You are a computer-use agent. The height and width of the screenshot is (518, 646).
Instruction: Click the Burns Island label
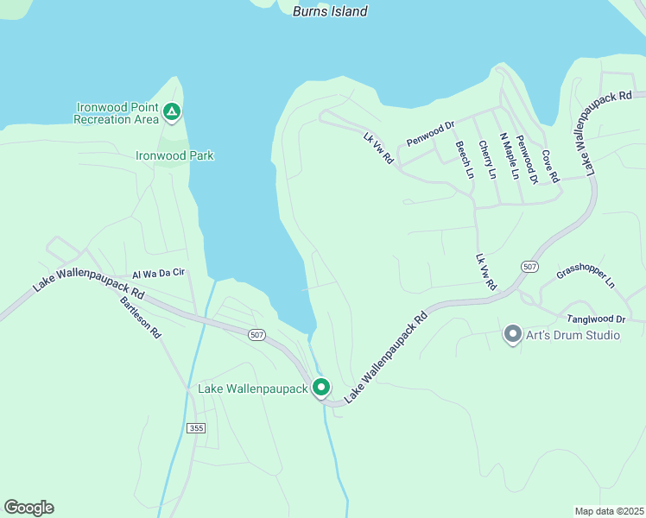pos(330,11)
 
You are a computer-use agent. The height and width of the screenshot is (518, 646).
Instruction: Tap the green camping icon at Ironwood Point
pos(172,111)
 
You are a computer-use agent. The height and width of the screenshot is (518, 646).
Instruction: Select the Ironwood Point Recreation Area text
pos(117,113)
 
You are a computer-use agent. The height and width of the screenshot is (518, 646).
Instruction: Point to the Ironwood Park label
pos(174,156)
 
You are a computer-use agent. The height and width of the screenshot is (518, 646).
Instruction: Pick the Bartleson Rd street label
pos(141,316)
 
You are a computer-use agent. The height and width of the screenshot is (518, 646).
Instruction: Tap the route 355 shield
pos(196,428)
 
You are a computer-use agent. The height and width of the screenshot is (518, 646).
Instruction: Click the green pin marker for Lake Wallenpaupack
pos(321,388)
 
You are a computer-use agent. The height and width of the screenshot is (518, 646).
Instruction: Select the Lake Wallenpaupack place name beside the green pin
pos(253,389)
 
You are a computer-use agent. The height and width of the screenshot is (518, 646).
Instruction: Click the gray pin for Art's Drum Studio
pos(512,333)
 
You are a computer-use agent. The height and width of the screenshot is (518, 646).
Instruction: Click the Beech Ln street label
pos(464,160)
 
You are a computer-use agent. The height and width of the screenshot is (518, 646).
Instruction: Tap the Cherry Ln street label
pos(486,161)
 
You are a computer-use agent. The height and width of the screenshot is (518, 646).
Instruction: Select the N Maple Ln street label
pos(509,158)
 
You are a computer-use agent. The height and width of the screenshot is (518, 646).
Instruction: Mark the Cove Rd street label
pos(550,166)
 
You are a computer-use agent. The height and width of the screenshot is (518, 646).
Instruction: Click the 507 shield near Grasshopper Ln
pos(529,266)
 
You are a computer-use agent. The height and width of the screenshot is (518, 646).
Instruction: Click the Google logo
pos(28,508)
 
